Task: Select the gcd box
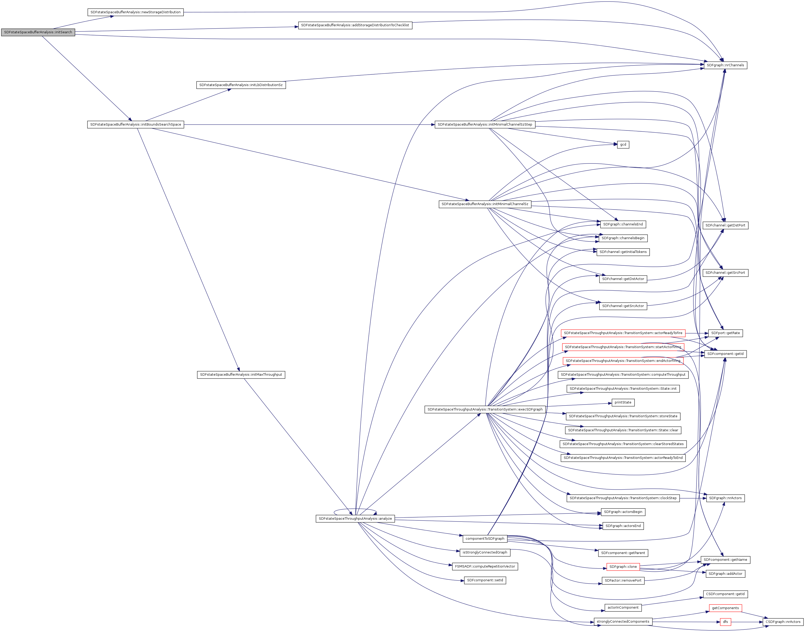pyautogui.click(x=623, y=144)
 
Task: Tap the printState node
pyautogui.click(x=623, y=402)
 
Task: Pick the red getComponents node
pyautogui.click(x=725, y=608)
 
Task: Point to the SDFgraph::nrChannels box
pyautogui.click(x=725, y=65)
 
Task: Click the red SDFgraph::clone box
pyautogui.click(x=623, y=566)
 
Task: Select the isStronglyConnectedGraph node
pyautogui.click(x=485, y=552)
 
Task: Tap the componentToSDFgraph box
pyautogui.click(x=485, y=538)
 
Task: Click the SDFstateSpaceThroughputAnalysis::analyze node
pyautogui.click(x=355, y=518)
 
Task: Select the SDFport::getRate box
pyautogui.click(x=725, y=333)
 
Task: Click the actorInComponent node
pyautogui.click(x=623, y=608)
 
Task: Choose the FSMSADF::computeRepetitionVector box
pyautogui.click(x=485, y=566)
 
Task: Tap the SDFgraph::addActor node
pyautogui.click(x=725, y=574)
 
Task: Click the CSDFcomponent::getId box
pyautogui.click(x=725, y=594)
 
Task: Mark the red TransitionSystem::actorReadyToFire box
pyautogui.click(x=623, y=333)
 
